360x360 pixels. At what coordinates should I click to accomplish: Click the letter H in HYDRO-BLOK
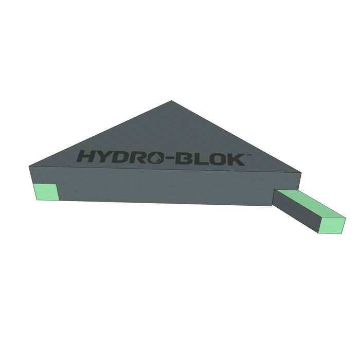coord(85,156)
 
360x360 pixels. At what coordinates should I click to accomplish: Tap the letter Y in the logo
coord(102,156)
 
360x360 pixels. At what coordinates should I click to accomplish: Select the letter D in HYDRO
coord(118,157)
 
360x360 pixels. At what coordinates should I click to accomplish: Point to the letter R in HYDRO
coord(137,157)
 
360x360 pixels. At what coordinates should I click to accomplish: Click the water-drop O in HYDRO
coord(156,158)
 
